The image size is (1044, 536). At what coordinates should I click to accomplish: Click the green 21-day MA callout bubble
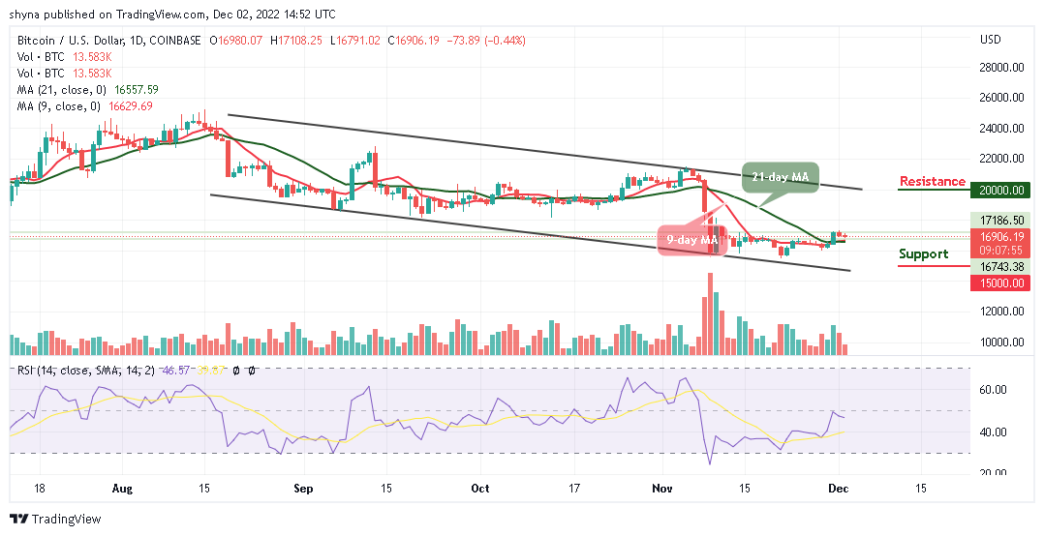pyautogui.click(x=781, y=178)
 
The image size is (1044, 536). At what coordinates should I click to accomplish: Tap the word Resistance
pyautogui.click(x=932, y=181)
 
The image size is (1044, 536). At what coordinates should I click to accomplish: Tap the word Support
pyautogui.click(x=923, y=253)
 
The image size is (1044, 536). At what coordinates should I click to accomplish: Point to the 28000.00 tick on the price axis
pyautogui.click(x=1001, y=68)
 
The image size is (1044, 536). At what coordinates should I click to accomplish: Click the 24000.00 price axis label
pyautogui.click(x=1001, y=129)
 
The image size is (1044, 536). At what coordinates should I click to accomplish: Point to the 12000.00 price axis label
pyautogui.click(x=1001, y=312)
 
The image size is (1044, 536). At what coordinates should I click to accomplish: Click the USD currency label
pyautogui.click(x=990, y=40)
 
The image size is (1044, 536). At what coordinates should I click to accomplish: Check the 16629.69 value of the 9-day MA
pyautogui.click(x=132, y=105)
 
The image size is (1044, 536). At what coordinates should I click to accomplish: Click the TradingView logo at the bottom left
pyautogui.click(x=55, y=520)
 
